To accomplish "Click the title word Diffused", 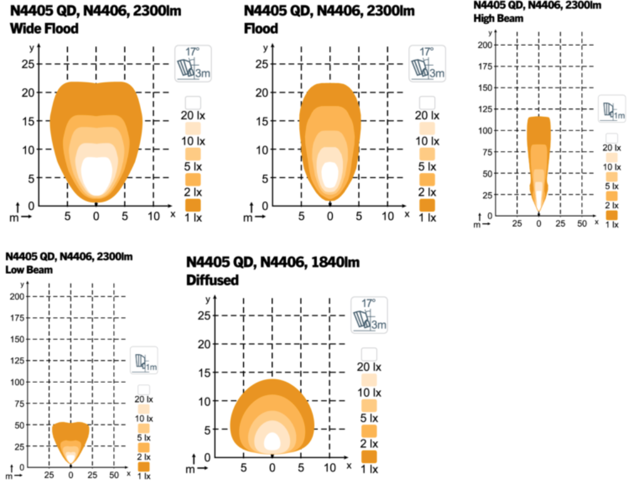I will click(212, 280).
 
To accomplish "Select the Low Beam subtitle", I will click(29, 271).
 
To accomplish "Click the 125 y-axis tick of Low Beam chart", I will click(17, 361).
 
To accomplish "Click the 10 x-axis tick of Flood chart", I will click(387, 216).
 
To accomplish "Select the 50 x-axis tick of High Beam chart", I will click(582, 224).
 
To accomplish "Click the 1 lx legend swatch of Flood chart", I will click(427, 205).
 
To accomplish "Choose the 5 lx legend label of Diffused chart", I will click(369, 418).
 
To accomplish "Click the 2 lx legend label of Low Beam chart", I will click(144, 456).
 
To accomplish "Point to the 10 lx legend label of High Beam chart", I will click(611, 167).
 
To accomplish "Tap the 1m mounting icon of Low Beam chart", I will click(144, 361).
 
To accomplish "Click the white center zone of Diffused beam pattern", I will click(272, 441).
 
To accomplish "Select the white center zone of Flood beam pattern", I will click(330, 174).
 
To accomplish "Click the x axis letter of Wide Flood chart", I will click(173, 214).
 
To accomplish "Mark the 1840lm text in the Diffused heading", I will click(333, 263).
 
